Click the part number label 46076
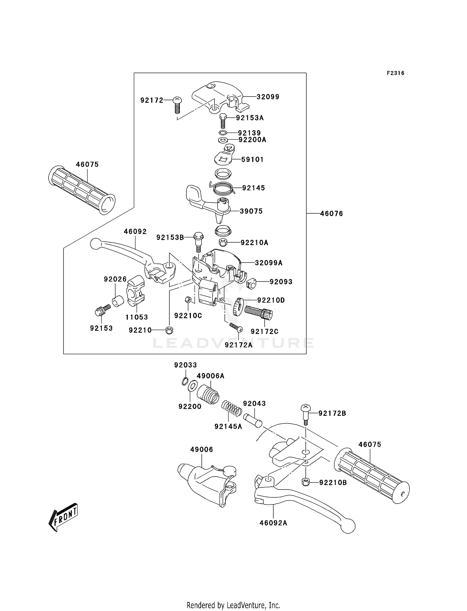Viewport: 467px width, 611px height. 331,214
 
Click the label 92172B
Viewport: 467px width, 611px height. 332,413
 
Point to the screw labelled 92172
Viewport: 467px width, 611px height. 177,105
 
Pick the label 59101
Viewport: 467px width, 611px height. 252,159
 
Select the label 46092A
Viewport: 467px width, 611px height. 273,523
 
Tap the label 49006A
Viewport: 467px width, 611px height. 210,376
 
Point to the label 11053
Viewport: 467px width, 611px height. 137,317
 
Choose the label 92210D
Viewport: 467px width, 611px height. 271,300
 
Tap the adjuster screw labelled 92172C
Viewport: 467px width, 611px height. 258,312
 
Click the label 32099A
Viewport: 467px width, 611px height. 269,263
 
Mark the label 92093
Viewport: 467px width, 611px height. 281,282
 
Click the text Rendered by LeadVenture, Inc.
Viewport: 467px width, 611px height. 233,605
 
